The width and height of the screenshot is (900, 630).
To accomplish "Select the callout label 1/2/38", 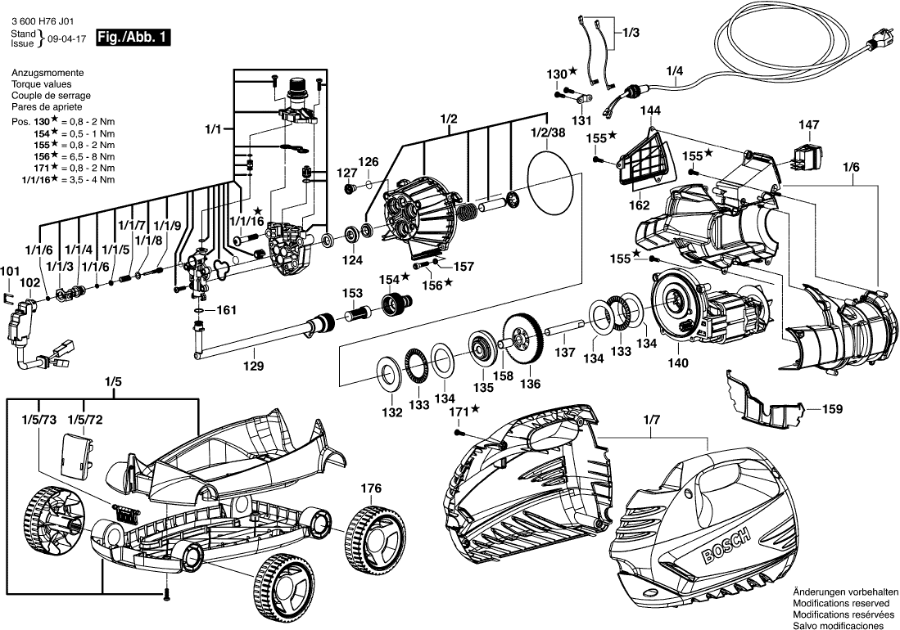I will [548, 133].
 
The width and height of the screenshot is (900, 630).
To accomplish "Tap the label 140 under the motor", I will [678, 362].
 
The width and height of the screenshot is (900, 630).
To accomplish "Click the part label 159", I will [831, 407].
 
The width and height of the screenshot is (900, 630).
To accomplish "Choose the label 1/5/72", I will [85, 420].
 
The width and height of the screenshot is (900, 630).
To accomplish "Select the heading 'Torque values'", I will [41, 84].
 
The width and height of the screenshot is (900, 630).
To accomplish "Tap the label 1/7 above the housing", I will [650, 420].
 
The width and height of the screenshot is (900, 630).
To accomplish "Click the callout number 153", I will [352, 293].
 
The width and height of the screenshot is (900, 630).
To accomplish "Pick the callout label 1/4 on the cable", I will [673, 71].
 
